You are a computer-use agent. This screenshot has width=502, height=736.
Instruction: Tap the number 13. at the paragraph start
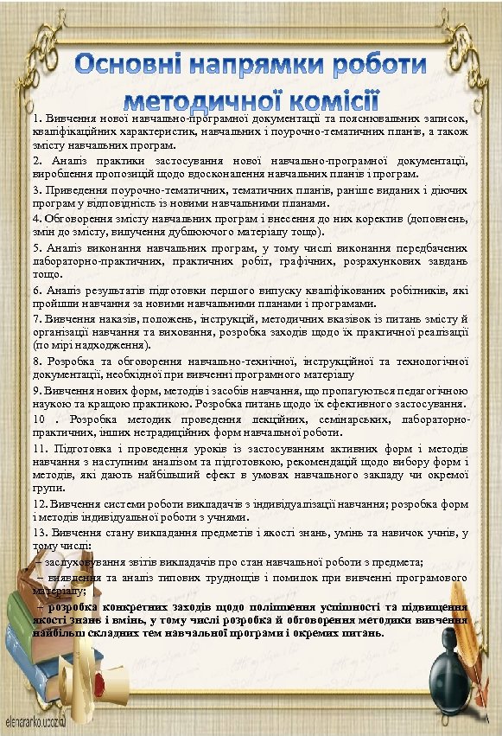(41, 533)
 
